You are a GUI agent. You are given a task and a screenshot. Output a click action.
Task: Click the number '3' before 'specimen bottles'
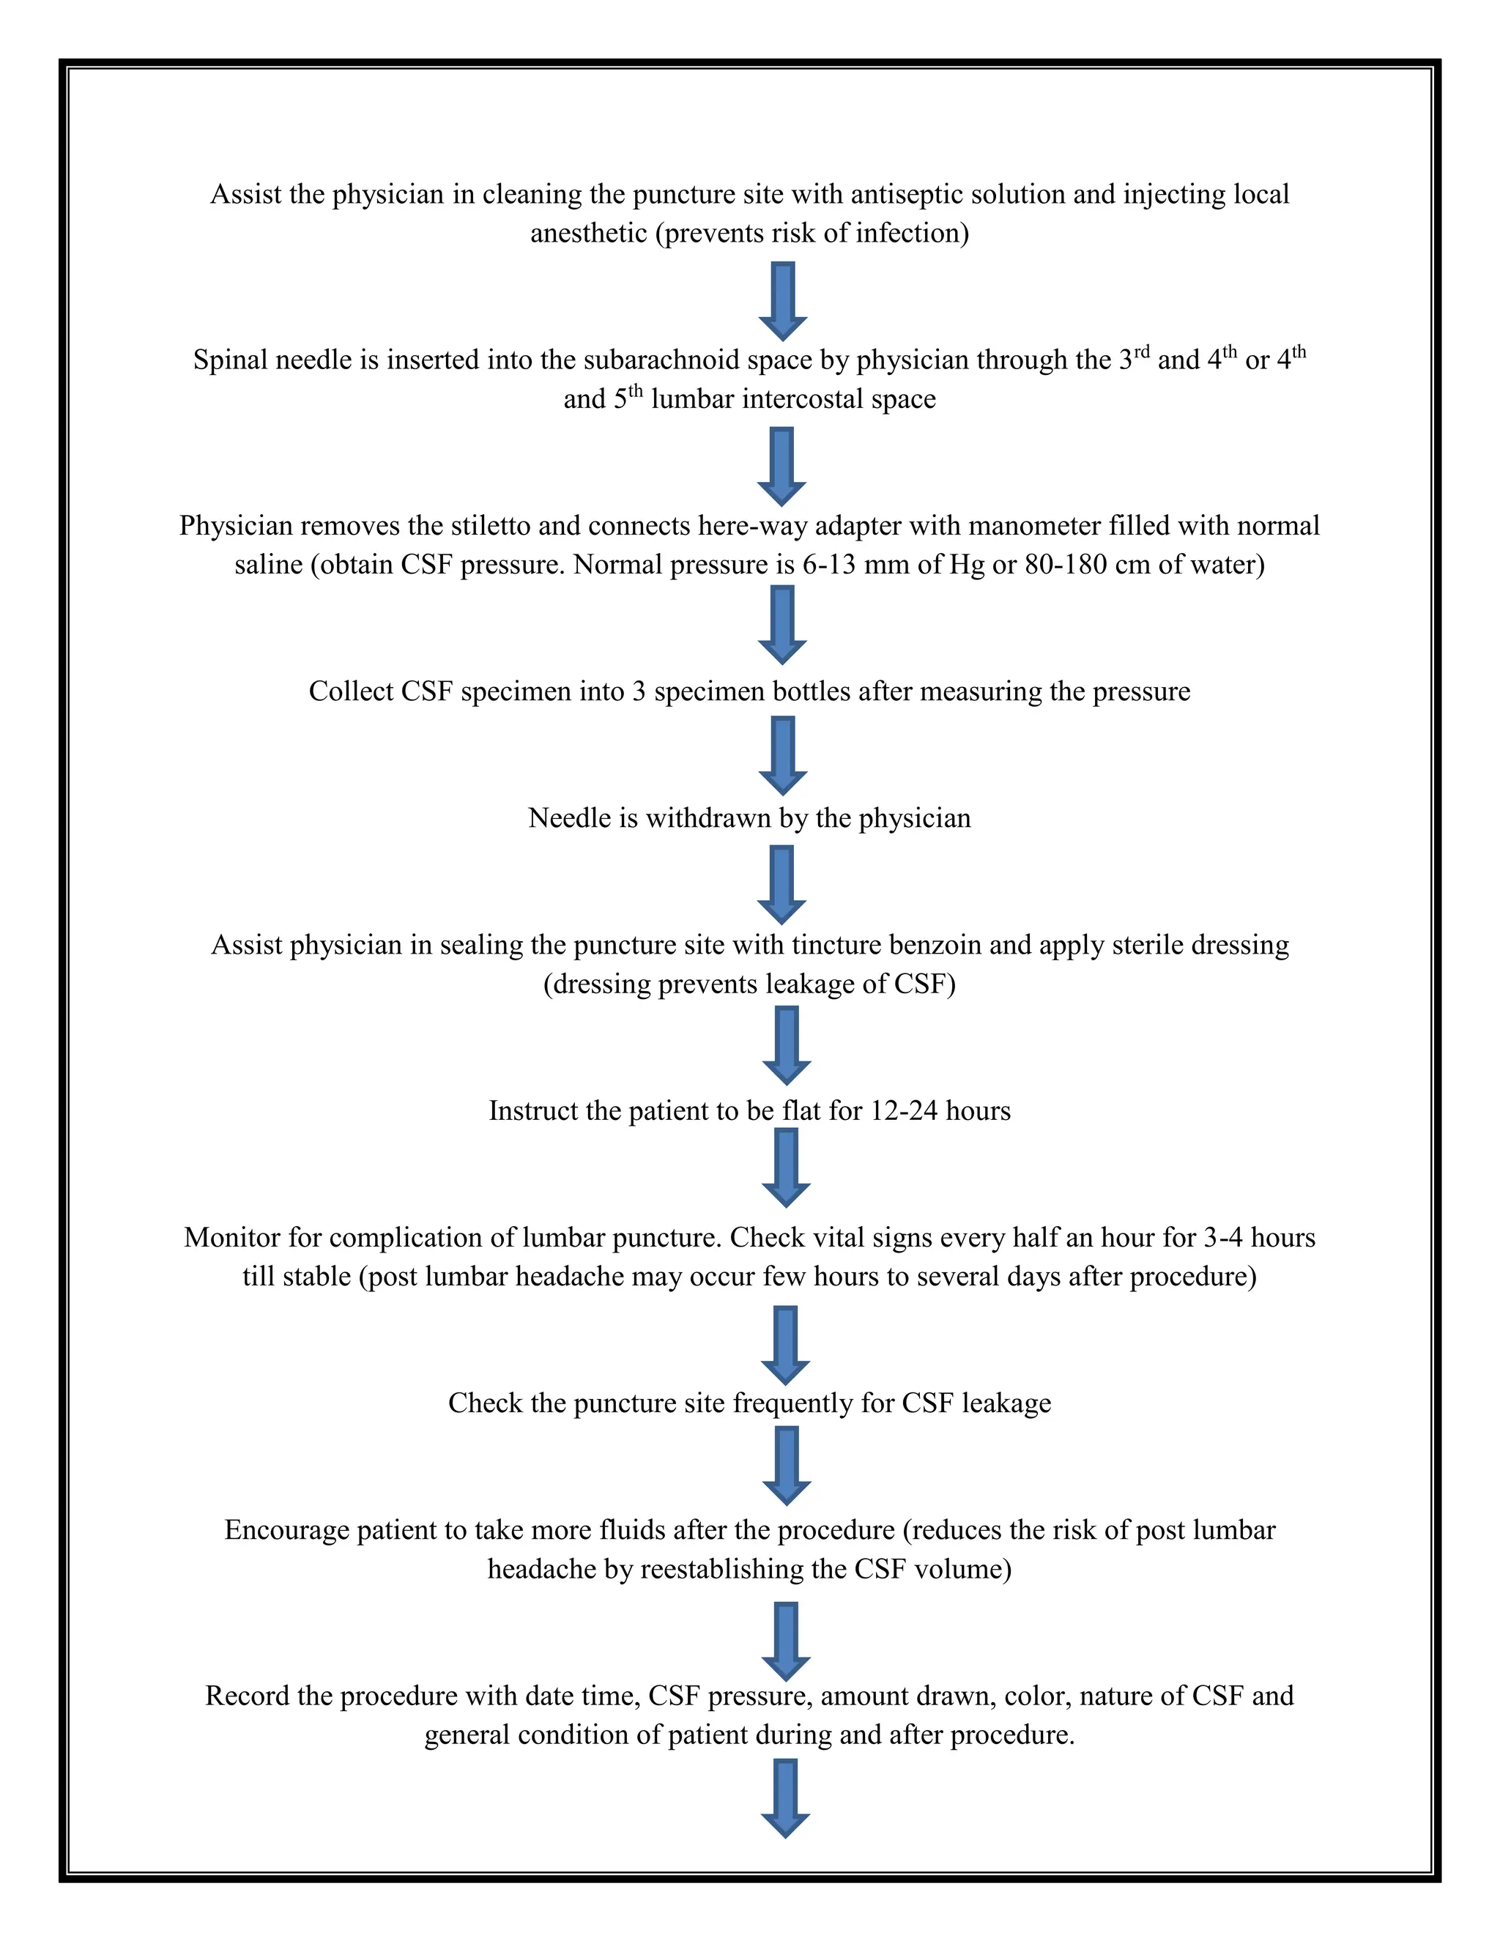pyautogui.click(x=639, y=691)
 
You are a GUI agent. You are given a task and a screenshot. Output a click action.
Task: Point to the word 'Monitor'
pyautogui.click(x=232, y=1238)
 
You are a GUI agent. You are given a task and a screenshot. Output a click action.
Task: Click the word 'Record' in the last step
pyautogui.click(x=246, y=1696)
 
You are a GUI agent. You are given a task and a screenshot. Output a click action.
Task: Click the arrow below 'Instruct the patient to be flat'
pyautogui.click(x=787, y=1168)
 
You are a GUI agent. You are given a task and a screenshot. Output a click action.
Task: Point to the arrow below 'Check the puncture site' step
pyautogui.click(x=787, y=1466)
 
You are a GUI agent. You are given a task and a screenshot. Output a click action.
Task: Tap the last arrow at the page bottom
pyautogui.click(x=786, y=1799)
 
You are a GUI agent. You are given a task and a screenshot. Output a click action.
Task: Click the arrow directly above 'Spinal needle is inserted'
pyautogui.click(x=783, y=301)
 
